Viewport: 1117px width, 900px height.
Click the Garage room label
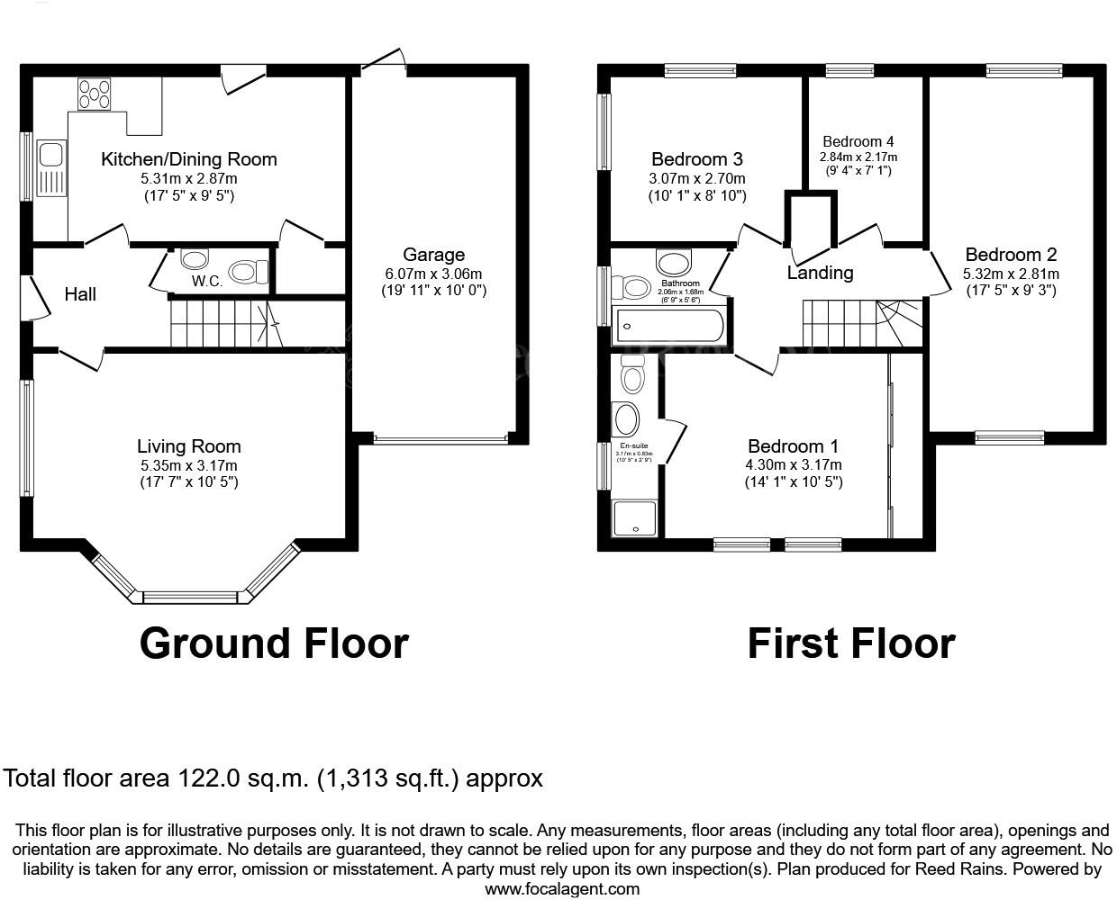click(x=433, y=255)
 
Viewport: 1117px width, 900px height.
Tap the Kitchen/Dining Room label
click(x=188, y=159)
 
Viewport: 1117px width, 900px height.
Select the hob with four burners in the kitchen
click(x=95, y=94)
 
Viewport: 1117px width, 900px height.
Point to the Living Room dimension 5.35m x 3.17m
click(x=188, y=465)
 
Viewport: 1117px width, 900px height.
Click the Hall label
click(x=80, y=294)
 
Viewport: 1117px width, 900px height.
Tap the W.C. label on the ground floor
click(x=206, y=281)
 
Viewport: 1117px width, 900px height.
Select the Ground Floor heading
click(x=274, y=643)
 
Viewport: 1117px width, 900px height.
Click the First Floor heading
click(x=850, y=643)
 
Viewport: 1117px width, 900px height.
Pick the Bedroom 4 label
click(x=858, y=141)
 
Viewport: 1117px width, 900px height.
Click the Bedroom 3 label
click(x=697, y=159)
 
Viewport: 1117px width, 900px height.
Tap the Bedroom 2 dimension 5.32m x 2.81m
click(x=1011, y=274)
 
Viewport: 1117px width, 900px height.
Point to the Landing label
click(x=820, y=272)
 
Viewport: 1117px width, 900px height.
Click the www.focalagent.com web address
click(x=562, y=889)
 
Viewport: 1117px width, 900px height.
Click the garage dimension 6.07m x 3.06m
click(x=433, y=274)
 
